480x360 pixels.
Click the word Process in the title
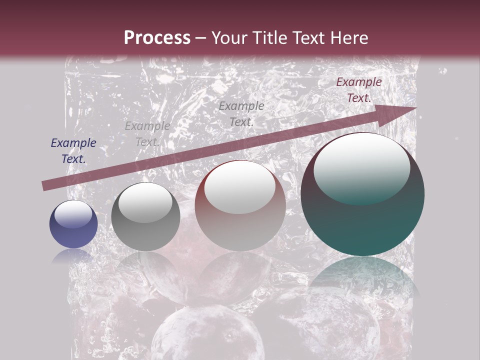[x=157, y=38]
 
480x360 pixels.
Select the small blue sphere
[x=73, y=224]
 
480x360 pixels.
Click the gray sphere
[x=145, y=217]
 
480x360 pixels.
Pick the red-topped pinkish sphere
[x=240, y=205]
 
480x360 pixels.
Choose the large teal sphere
[x=362, y=194]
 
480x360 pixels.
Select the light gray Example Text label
[x=147, y=134]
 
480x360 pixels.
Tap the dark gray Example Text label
[x=241, y=113]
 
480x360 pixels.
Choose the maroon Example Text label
[x=358, y=90]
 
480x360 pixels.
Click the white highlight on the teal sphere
[x=361, y=168]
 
